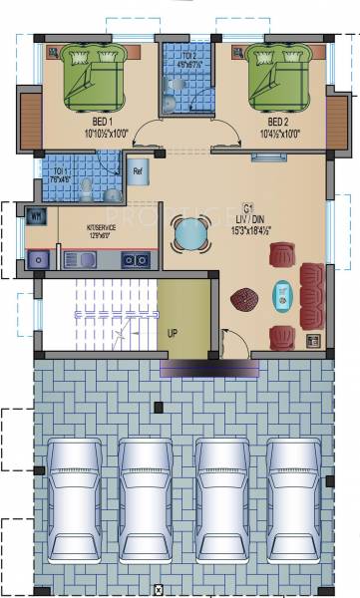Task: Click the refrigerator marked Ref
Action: (138, 171)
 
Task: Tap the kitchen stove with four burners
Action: (135, 260)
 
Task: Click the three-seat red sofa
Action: (312, 295)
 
